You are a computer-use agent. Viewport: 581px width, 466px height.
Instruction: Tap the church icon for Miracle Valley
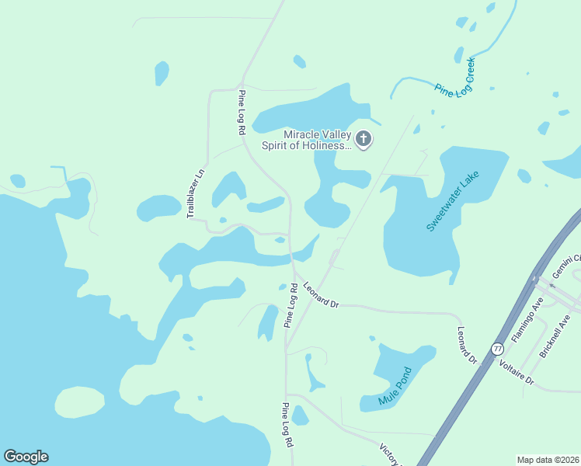[364, 140]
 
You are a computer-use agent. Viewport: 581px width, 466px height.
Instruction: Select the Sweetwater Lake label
[454, 201]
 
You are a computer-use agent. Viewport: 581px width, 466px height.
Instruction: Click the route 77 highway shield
[498, 350]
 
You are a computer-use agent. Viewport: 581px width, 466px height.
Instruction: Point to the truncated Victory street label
[388, 455]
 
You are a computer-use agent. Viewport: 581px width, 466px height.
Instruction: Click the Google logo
[26, 457]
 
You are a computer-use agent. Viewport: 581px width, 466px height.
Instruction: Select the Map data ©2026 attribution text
[548, 460]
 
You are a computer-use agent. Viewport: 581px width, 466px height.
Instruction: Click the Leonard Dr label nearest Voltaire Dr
[467, 344]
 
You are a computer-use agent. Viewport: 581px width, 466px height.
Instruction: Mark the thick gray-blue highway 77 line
[466, 396]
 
